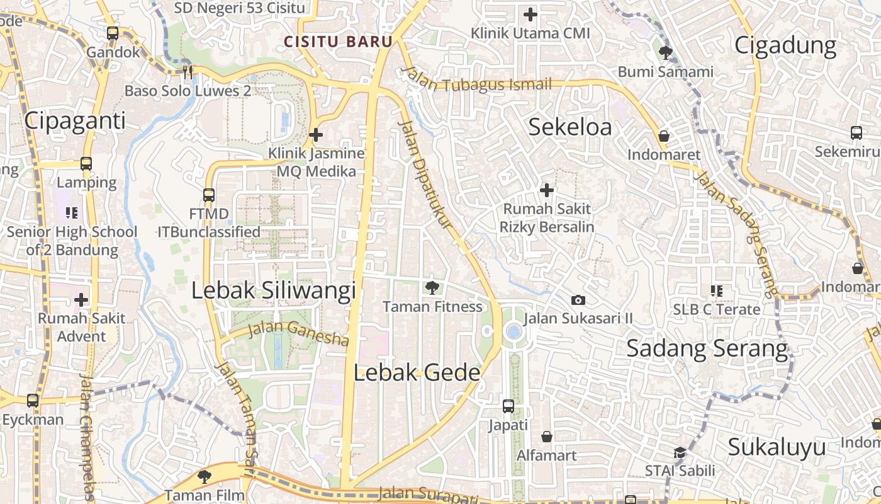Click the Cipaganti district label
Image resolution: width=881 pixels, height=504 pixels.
75,120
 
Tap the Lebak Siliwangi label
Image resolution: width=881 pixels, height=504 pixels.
274,290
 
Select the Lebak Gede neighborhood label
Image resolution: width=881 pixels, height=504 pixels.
417,372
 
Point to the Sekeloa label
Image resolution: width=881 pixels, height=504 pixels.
570,127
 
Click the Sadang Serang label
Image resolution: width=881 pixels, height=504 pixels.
707,348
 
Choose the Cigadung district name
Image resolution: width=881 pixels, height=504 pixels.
785,45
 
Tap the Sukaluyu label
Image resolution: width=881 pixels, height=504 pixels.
777,447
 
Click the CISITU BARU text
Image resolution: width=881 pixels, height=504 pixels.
339,42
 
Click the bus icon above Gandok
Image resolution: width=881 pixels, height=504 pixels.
113,33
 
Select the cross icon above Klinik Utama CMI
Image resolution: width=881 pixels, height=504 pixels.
530,14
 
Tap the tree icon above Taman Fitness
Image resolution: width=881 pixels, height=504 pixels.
432,288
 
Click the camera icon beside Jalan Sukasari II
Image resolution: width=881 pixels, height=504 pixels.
578,301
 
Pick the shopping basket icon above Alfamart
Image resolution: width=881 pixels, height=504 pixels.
547,437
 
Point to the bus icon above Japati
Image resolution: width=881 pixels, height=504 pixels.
508,406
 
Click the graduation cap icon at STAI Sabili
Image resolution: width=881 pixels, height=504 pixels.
680,452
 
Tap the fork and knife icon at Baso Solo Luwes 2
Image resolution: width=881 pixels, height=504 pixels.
187,72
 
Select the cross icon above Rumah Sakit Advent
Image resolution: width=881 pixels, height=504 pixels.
81,299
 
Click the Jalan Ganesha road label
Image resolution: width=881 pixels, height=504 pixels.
298,334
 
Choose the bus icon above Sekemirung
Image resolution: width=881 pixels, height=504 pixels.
856,133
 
